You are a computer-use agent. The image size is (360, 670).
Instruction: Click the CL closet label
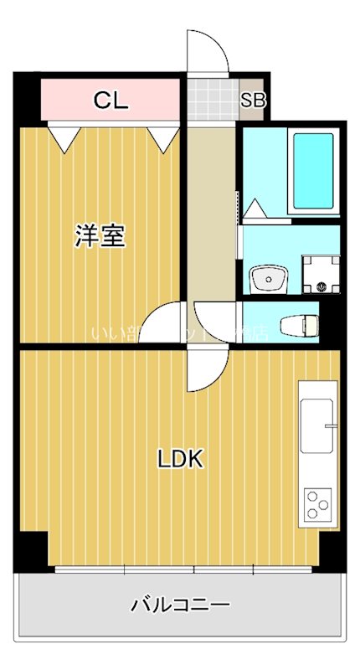click(x=111, y=101)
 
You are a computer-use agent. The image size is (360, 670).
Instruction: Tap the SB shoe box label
click(x=253, y=101)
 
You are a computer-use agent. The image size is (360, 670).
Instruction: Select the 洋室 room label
click(x=100, y=237)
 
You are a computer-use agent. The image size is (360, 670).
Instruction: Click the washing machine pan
click(x=321, y=273)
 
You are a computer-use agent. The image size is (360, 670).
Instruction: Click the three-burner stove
click(x=317, y=504)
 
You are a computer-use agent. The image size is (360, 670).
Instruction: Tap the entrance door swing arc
click(x=207, y=52)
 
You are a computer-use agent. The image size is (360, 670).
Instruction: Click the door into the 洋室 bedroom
click(x=164, y=322)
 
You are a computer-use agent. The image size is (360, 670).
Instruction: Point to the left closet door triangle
click(x=64, y=137)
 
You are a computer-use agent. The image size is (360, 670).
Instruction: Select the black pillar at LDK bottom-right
click(x=332, y=549)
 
